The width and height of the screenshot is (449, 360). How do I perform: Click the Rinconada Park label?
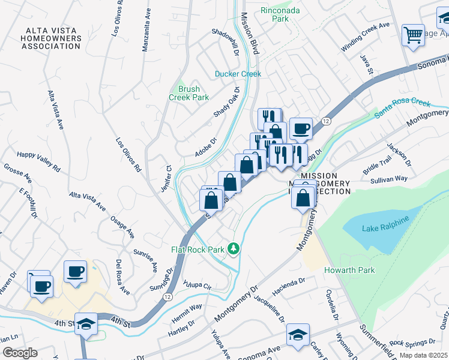click(x=275, y=14)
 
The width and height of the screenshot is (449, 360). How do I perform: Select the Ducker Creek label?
click(x=238, y=74)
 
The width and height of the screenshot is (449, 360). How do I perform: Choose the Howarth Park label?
click(x=349, y=270)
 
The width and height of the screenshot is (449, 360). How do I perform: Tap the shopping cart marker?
click(x=413, y=35)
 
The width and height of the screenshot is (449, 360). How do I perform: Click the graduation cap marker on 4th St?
click(x=86, y=324)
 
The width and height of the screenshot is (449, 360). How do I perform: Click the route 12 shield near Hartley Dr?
click(x=166, y=297)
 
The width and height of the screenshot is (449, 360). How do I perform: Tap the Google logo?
click(x=20, y=353)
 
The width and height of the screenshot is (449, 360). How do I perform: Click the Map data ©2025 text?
click(x=424, y=355)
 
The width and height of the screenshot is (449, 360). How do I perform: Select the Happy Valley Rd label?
click(x=39, y=161)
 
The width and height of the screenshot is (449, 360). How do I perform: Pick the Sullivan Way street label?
click(x=389, y=178)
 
